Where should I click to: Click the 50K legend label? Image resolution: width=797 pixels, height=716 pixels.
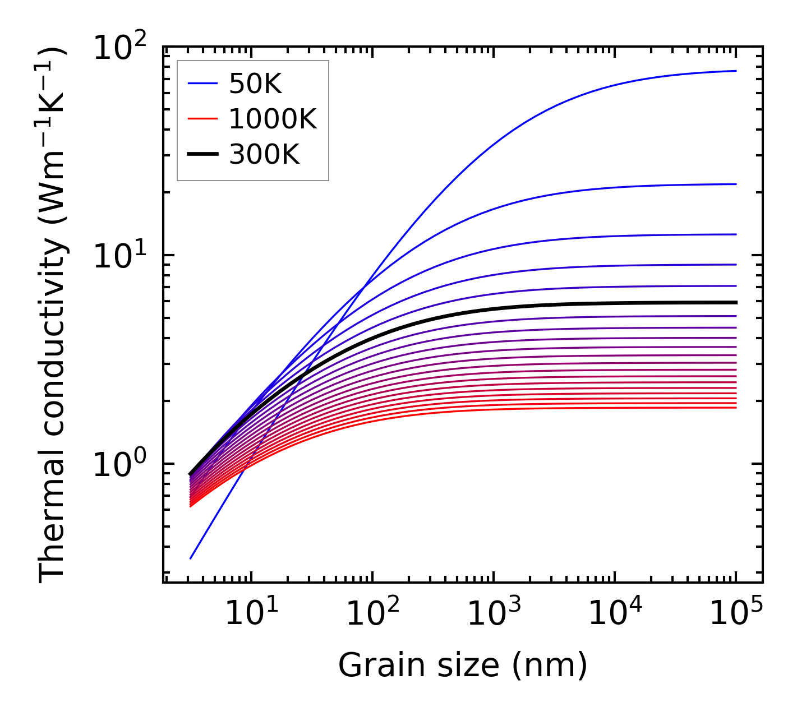click(x=255, y=85)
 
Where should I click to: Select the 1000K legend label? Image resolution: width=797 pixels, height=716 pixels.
click(x=273, y=119)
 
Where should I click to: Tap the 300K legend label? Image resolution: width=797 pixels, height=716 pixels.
click(x=264, y=154)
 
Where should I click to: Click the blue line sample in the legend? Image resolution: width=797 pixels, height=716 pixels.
click(x=202, y=84)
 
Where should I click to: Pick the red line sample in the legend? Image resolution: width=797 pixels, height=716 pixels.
click(x=202, y=119)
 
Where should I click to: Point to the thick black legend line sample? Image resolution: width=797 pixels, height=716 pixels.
click(x=202, y=154)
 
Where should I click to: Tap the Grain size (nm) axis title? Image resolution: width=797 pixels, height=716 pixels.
click(x=463, y=666)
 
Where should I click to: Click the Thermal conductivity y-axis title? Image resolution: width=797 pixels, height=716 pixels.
click(x=53, y=315)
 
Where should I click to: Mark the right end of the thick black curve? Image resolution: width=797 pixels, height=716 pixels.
click(x=735, y=302)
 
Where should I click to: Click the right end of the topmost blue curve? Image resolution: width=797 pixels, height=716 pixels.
click(x=735, y=71)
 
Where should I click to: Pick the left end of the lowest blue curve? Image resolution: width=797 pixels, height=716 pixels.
click(x=191, y=558)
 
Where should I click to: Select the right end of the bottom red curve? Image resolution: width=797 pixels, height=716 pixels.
click(x=735, y=408)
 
